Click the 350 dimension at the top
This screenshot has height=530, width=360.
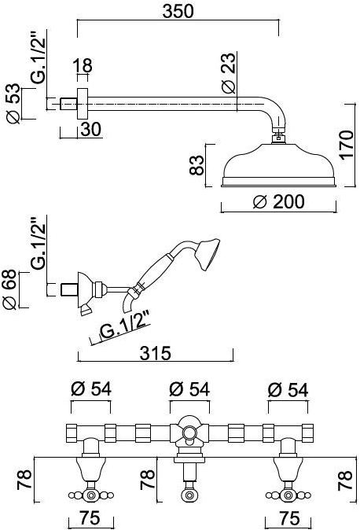(x=178, y=12)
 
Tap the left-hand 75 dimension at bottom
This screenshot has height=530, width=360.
(x=92, y=520)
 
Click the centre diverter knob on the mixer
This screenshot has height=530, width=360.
(x=189, y=434)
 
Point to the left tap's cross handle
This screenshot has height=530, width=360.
(x=91, y=495)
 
